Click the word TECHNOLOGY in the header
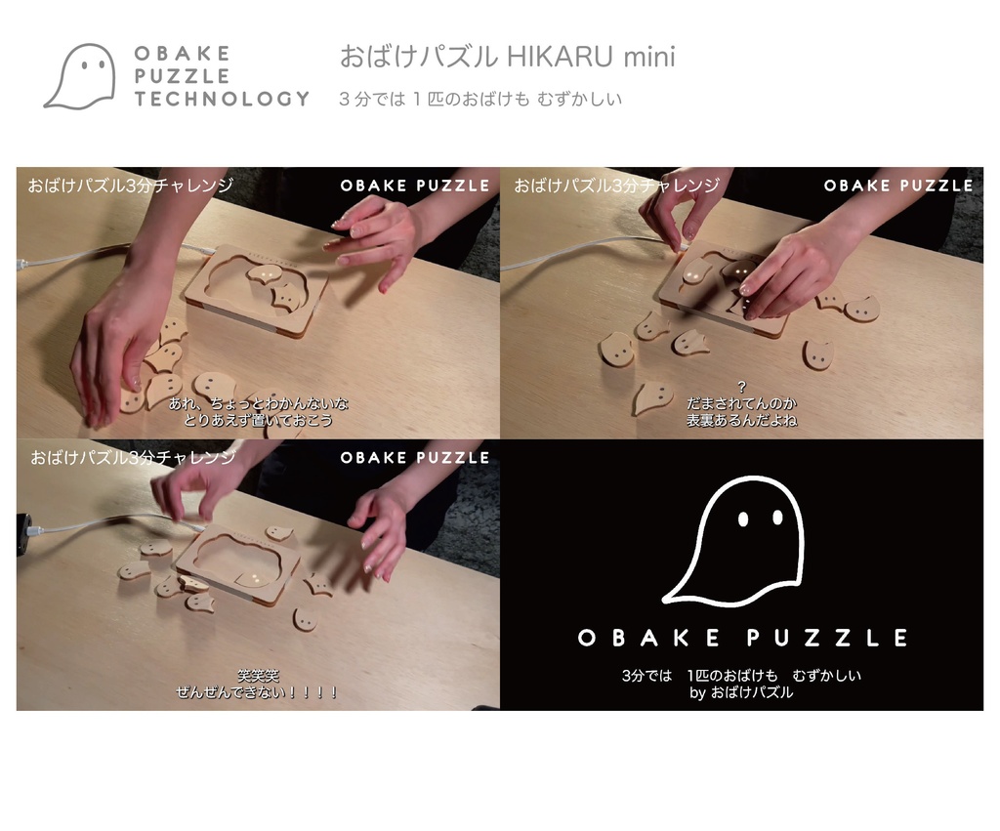pos(222,99)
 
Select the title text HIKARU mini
pos(591,57)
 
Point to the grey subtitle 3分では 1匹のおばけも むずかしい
pos(479,99)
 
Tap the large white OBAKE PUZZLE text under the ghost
pos(742,638)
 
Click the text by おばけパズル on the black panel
pos(741,693)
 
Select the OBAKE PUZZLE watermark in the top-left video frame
pos(415,186)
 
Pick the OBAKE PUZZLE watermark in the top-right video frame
pos(898,186)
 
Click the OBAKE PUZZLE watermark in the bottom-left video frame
pos(415,457)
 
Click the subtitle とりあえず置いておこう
pos(258,420)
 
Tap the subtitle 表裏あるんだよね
pos(741,420)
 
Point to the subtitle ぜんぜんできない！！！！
pos(258,692)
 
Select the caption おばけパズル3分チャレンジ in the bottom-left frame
pos(133,457)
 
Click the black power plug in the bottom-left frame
pos(22,532)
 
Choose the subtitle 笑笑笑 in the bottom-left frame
pos(258,675)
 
